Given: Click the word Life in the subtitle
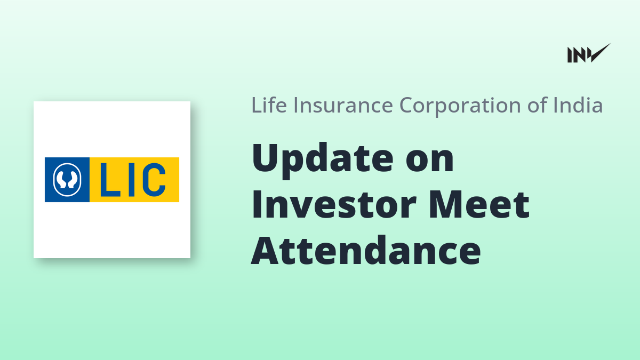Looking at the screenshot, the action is (x=269, y=105).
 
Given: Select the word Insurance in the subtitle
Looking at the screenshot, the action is (x=343, y=105).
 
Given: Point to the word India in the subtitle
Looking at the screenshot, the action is (x=578, y=105).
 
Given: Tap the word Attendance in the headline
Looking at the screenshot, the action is (x=366, y=251).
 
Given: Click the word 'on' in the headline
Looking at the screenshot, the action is (x=430, y=162).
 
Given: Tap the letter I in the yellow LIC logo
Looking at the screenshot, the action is (x=131, y=180).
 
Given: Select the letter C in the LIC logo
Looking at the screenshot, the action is (x=154, y=180).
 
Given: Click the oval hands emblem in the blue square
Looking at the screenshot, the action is (x=67, y=180).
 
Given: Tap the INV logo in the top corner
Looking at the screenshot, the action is (x=589, y=53).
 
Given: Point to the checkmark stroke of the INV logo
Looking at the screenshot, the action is (x=600, y=53).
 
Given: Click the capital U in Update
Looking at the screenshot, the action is (x=265, y=158).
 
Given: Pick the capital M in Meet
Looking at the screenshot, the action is (x=447, y=205).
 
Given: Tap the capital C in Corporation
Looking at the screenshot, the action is (x=407, y=105).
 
